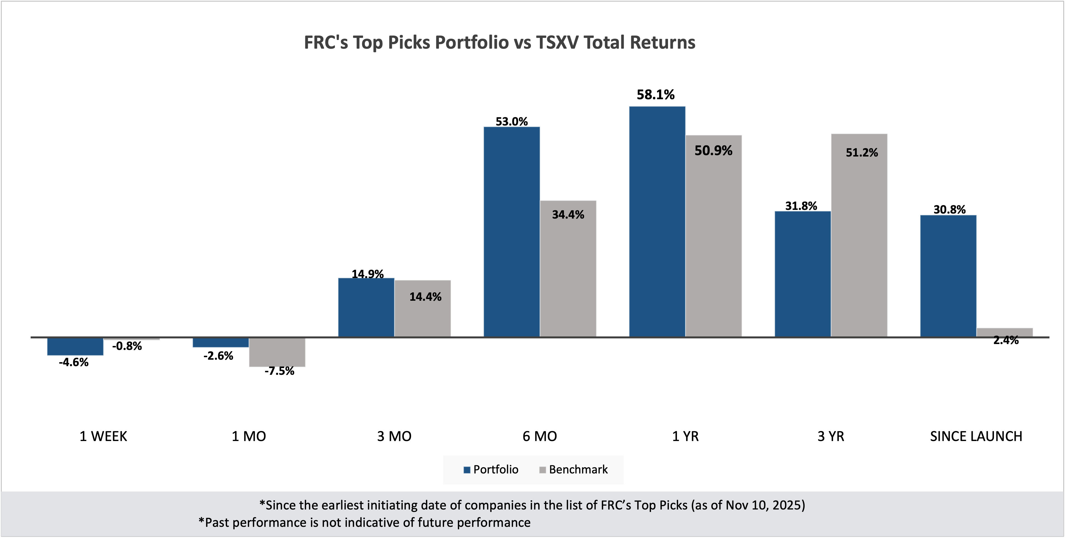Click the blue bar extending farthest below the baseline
[x=75, y=347]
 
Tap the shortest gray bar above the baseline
[x=1005, y=332]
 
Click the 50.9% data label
[x=713, y=151]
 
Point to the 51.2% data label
[x=862, y=153]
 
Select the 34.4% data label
[x=568, y=215]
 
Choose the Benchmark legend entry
[x=574, y=470]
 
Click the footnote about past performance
[x=364, y=523]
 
